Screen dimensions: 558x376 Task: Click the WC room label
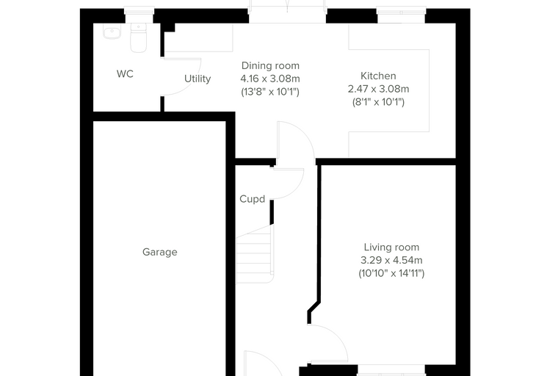125,74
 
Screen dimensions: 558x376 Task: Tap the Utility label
198,79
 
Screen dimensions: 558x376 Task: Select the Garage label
160,252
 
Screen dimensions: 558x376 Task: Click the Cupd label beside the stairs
253,199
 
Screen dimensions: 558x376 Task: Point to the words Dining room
270,65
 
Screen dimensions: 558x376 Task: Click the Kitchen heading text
378,76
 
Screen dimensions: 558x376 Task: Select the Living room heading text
391,247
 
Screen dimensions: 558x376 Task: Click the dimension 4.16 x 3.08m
270,79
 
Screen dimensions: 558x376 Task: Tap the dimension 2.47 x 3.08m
378,89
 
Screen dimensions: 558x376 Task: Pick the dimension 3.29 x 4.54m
391,260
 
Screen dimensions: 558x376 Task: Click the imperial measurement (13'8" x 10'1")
270,92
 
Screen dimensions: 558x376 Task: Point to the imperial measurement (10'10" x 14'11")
391,273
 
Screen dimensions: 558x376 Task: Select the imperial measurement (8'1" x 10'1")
378,102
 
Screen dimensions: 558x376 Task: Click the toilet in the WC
139,38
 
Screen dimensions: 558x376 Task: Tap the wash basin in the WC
112,31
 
